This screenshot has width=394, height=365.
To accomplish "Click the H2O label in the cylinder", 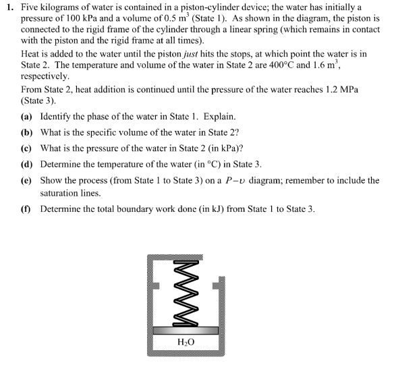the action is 185,342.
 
